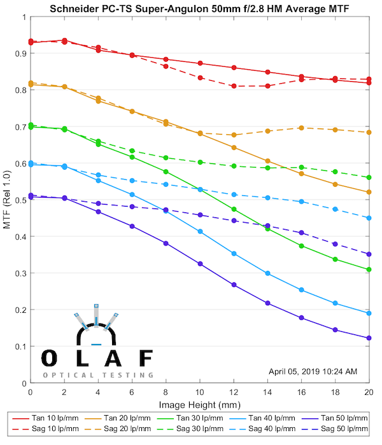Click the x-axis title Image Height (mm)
(199, 404)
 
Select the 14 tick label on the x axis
(267, 393)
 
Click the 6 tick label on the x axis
(132, 393)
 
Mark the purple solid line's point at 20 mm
(369, 338)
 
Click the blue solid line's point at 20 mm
(369, 313)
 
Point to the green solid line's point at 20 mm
(369, 270)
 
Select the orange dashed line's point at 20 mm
(369, 132)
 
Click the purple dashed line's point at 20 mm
(369, 254)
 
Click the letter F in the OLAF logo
(146, 358)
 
